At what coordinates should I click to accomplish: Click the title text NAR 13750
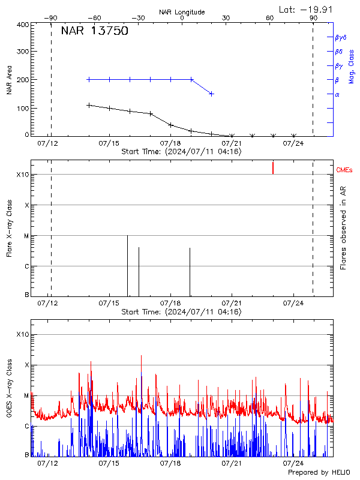pyautogui.click(x=94, y=32)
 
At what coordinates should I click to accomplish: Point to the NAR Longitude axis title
pyautogui.click(x=182, y=12)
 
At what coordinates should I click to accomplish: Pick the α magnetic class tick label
pyautogui.click(x=337, y=94)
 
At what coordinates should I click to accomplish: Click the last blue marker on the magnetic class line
pyautogui.click(x=211, y=94)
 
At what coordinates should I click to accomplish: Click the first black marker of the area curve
pyautogui.click(x=89, y=105)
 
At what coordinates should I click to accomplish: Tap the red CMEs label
pyautogui.click(x=344, y=171)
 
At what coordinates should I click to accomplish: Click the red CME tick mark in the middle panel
pyautogui.click(x=273, y=167)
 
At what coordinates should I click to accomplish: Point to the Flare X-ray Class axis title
pyautogui.click(x=10, y=228)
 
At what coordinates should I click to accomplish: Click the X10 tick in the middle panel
pyautogui.click(x=23, y=175)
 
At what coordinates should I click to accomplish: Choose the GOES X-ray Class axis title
pyautogui.click(x=10, y=391)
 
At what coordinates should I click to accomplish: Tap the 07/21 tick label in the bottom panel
pyautogui.click(x=232, y=463)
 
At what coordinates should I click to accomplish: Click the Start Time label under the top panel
pyautogui.click(x=181, y=152)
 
